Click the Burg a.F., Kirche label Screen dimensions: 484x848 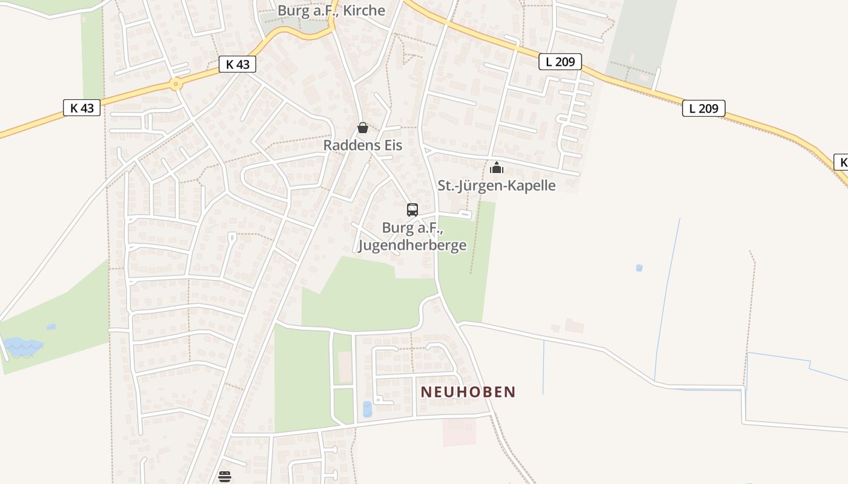331,10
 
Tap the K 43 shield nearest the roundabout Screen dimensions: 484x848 237,64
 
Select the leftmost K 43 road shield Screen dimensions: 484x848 82,108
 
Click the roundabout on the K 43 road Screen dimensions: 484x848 176,84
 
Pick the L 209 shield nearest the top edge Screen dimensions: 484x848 560,62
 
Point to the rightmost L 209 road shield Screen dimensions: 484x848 703,108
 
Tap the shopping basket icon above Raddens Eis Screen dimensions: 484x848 362,128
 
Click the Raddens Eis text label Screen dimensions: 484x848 362,145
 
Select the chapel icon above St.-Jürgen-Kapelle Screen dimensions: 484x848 497,168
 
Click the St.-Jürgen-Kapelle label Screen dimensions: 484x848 496,185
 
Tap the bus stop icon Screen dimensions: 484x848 412,210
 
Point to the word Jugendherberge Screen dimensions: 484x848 412,245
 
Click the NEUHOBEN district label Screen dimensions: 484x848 468,392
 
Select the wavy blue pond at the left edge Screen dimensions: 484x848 23,347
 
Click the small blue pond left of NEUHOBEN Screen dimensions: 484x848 367,409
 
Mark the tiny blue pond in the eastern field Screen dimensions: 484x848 639,267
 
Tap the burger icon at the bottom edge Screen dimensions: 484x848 225,477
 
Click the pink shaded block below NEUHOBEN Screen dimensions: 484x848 459,431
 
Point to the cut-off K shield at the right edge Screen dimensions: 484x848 842,162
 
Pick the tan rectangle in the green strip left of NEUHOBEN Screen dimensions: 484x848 345,367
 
